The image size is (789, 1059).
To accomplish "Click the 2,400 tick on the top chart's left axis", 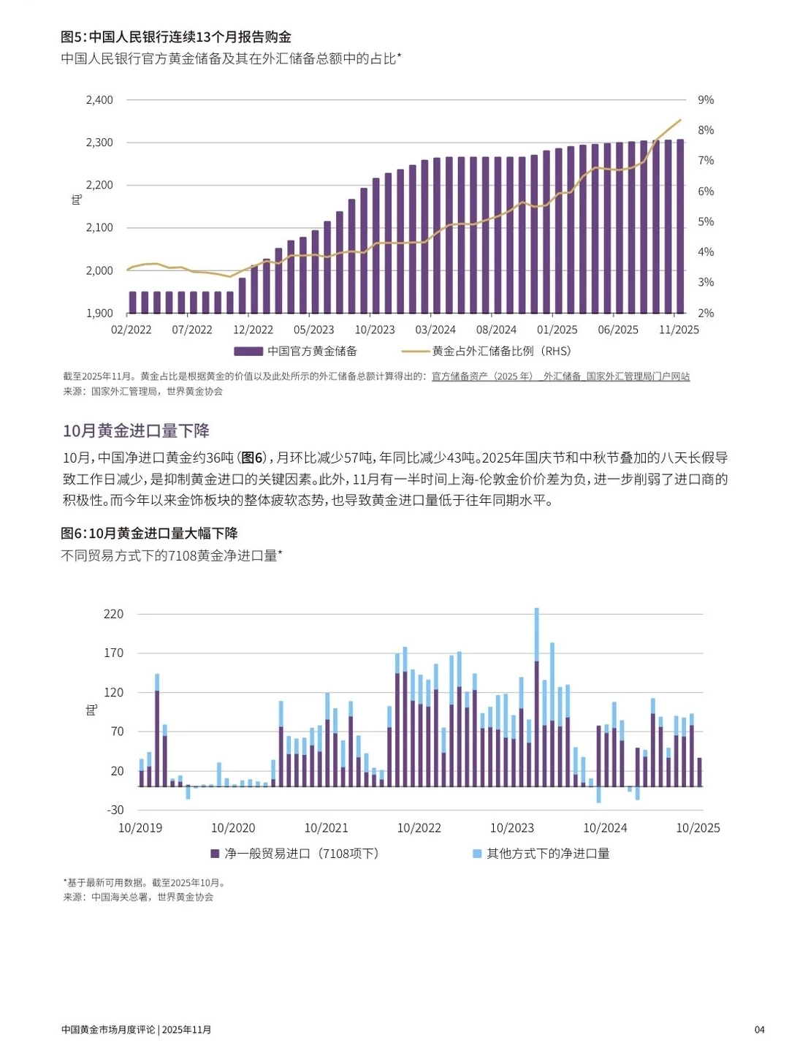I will [x=99, y=100].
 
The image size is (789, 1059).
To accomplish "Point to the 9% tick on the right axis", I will [x=705, y=100].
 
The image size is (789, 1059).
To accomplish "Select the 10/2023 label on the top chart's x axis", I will [x=374, y=330].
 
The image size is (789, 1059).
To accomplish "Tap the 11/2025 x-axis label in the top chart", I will [x=678, y=330].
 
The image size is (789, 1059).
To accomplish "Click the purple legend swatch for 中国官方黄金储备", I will [x=248, y=352].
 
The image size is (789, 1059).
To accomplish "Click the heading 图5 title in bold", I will [x=176, y=37].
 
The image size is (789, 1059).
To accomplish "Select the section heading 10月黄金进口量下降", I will [x=136, y=430].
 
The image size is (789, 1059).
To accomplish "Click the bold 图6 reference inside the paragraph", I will [x=252, y=458].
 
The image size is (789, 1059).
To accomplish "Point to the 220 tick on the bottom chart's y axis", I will [x=113, y=614].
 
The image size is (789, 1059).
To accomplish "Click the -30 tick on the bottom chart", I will [x=115, y=810].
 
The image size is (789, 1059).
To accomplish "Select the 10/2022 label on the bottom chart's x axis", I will [x=419, y=828].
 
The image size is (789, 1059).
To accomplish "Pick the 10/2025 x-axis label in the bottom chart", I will [x=697, y=828].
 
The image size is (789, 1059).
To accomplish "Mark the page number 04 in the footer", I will [x=759, y=1030].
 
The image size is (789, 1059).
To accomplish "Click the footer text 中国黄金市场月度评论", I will [x=108, y=1030].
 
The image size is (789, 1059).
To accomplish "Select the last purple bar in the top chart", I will [x=680, y=227].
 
